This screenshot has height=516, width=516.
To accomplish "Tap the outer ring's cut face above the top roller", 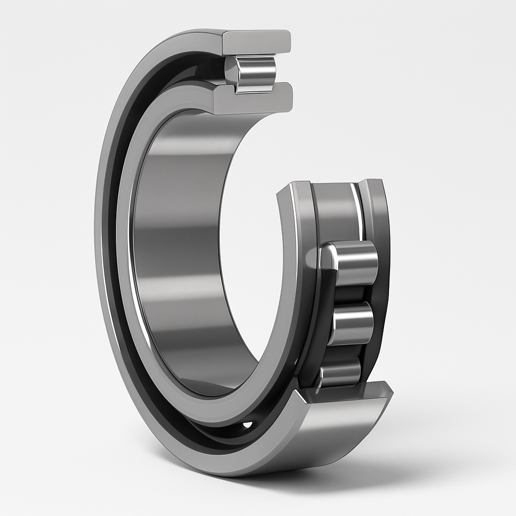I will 257,42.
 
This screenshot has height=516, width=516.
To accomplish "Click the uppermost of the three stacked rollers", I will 353,262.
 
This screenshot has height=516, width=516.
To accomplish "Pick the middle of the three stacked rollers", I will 353,322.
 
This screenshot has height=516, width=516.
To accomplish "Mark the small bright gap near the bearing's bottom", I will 247,425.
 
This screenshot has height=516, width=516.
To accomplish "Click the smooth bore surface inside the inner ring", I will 181,252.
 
